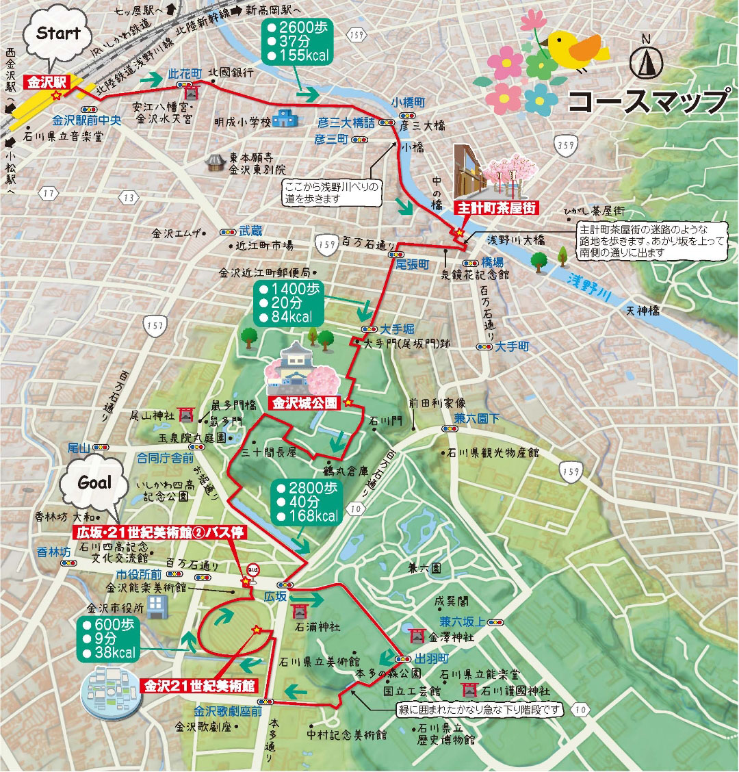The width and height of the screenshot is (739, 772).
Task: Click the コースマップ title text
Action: point(647,101)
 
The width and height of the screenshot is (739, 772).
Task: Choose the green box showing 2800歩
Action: point(307,502)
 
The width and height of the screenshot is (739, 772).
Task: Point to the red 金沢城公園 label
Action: point(304,403)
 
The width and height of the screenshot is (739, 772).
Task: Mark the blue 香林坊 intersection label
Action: point(53,551)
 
